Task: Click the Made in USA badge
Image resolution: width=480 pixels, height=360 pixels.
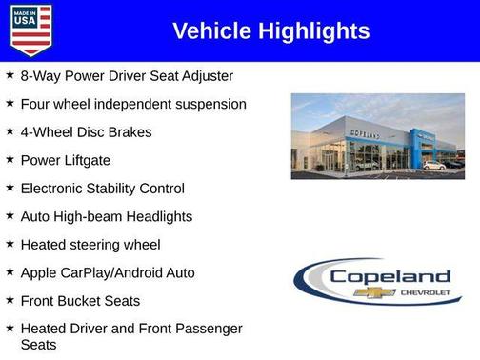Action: pyautogui.click(x=30, y=30)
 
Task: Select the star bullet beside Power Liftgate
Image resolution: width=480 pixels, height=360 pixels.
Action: pyautogui.click(x=10, y=159)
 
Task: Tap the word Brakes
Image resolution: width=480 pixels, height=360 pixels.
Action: pyautogui.click(x=129, y=131)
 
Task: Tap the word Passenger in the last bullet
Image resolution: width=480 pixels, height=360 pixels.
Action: pyautogui.click(x=207, y=329)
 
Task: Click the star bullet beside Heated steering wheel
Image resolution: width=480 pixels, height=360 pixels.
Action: pyautogui.click(x=10, y=244)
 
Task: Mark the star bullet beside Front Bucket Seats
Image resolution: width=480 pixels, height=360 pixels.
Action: pyautogui.click(x=10, y=300)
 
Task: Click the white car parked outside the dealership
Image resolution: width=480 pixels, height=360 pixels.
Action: pyautogui.click(x=434, y=166)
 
